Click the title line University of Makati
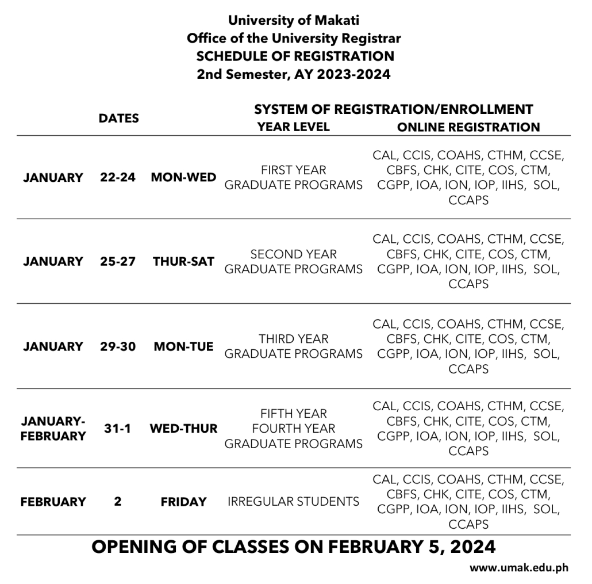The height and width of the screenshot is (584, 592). (x=294, y=21)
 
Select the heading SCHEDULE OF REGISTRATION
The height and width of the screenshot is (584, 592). (x=295, y=56)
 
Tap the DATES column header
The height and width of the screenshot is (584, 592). (x=118, y=119)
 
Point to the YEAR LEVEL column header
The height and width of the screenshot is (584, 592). (x=293, y=127)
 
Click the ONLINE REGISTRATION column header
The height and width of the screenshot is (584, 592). (x=468, y=127)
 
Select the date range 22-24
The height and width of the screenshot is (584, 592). (x=118, y=177)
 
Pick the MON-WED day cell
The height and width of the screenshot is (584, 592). (x=183, y=177)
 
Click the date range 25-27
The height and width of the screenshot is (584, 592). (x=118, y=261)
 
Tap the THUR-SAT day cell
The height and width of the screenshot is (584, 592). (x=183, y=261)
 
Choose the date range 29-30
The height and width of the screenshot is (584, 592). (x=118, y=346)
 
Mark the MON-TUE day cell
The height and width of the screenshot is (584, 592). (x=183, y=346)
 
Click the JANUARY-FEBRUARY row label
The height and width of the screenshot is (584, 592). (x=53, y=429)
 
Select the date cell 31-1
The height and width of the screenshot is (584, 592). (x=118, y=429)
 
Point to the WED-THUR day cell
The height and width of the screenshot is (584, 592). (x=183, y=429)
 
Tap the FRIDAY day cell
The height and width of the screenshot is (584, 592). (x=183, y=502)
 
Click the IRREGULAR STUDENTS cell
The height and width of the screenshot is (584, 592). (x=293, y=502)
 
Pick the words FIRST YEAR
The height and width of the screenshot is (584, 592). (x=293, y=170)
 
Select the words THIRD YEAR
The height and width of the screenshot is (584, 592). (x=293, y=339)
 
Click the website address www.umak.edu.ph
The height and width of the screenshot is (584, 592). (x=519, y=567)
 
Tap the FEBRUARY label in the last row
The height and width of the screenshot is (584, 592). (x=53, y=502)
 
